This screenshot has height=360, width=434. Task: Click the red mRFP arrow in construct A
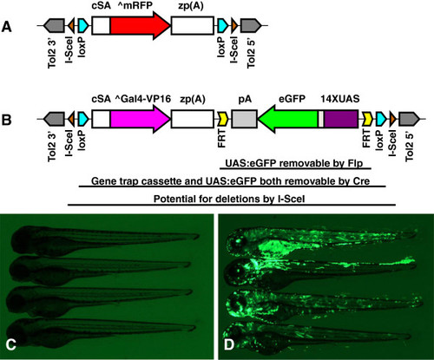[139, 25]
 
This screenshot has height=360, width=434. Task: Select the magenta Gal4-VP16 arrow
[139, 119]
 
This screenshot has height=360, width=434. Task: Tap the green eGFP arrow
[288, 119]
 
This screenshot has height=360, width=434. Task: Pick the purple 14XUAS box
[341, 119]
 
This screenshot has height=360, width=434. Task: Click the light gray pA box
[244, 119]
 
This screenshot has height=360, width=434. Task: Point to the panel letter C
[10, 344]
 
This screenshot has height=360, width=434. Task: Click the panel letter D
[228, 344]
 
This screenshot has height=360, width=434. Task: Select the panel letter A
[6, 27]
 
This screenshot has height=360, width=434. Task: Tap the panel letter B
[6, 120]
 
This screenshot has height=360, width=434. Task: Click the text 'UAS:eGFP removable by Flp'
[294, 163]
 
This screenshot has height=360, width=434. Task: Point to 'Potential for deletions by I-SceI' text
[229, 199]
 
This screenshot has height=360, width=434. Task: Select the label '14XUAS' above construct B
[340, 99]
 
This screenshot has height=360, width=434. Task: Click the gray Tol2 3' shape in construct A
[54, 25]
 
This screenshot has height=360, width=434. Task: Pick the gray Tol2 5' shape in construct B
[409, 119]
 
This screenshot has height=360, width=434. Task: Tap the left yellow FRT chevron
[223, 119]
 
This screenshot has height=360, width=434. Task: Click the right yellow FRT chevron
[367, 119]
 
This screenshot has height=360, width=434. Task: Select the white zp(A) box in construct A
[193, 25]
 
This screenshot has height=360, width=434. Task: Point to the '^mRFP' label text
[135, 5]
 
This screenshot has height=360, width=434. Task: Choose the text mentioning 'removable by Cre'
[231, 181]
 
